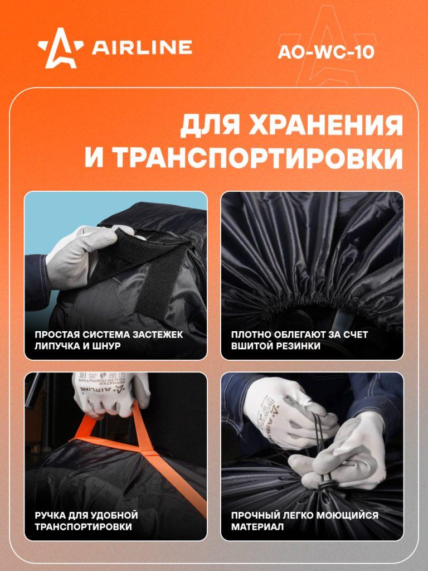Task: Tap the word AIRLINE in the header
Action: click(142, 48)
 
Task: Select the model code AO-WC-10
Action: click(326, 52)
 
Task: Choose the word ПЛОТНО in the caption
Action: click(248, 335)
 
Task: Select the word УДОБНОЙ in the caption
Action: click(116, 516)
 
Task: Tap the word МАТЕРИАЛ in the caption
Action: click(257, 527)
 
